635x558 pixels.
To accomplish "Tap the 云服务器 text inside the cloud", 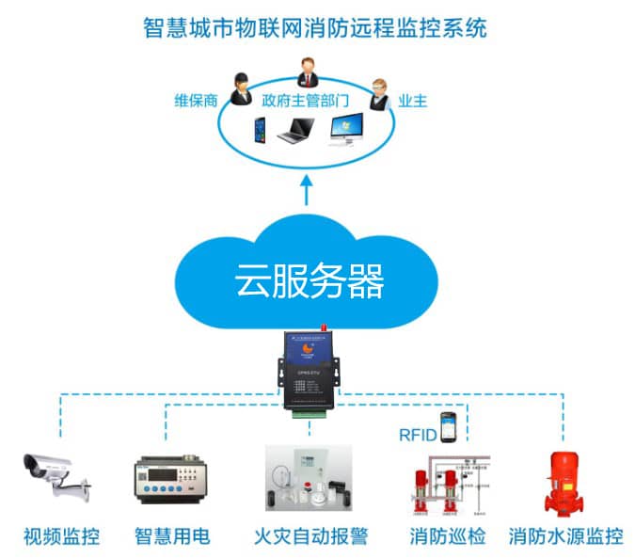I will click(x=310, y=279).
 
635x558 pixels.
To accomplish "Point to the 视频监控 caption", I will click(x=61, y=537).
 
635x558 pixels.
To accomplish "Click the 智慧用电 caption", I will click(x=171, y=537).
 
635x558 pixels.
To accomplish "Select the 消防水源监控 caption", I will click(x=565, y=537).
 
